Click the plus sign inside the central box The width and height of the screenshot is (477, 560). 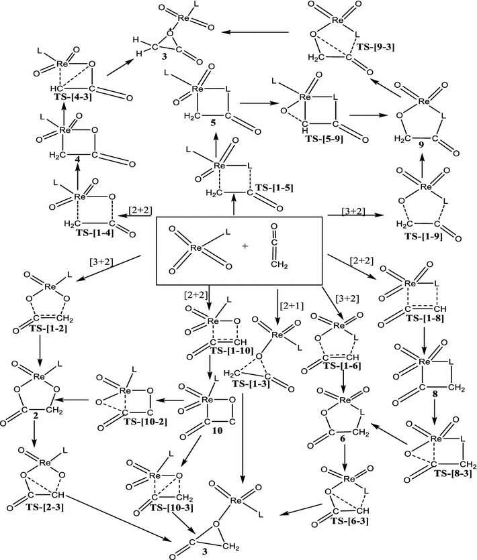[245, 246]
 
